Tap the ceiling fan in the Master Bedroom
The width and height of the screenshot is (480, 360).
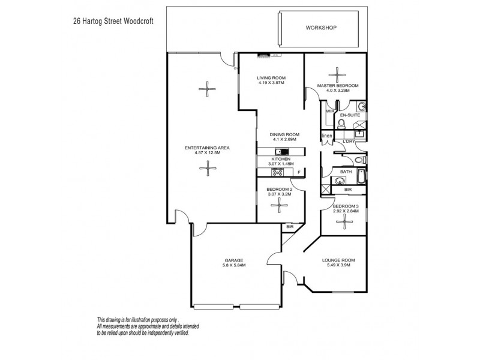[337, 71]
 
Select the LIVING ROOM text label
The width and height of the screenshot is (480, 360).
[271, 78]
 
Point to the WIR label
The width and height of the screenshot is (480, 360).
[330, 112]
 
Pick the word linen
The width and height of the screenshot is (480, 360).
[326, 136]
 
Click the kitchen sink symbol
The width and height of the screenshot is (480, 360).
[278, 151]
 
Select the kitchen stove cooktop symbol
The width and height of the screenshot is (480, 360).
[278, 172]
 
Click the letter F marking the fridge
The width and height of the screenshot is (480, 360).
[299, 173]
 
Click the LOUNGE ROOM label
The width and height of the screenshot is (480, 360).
[339, 260]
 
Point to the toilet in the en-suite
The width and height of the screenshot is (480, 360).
[340, 124]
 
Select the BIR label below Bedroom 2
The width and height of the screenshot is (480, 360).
[290, 227]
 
